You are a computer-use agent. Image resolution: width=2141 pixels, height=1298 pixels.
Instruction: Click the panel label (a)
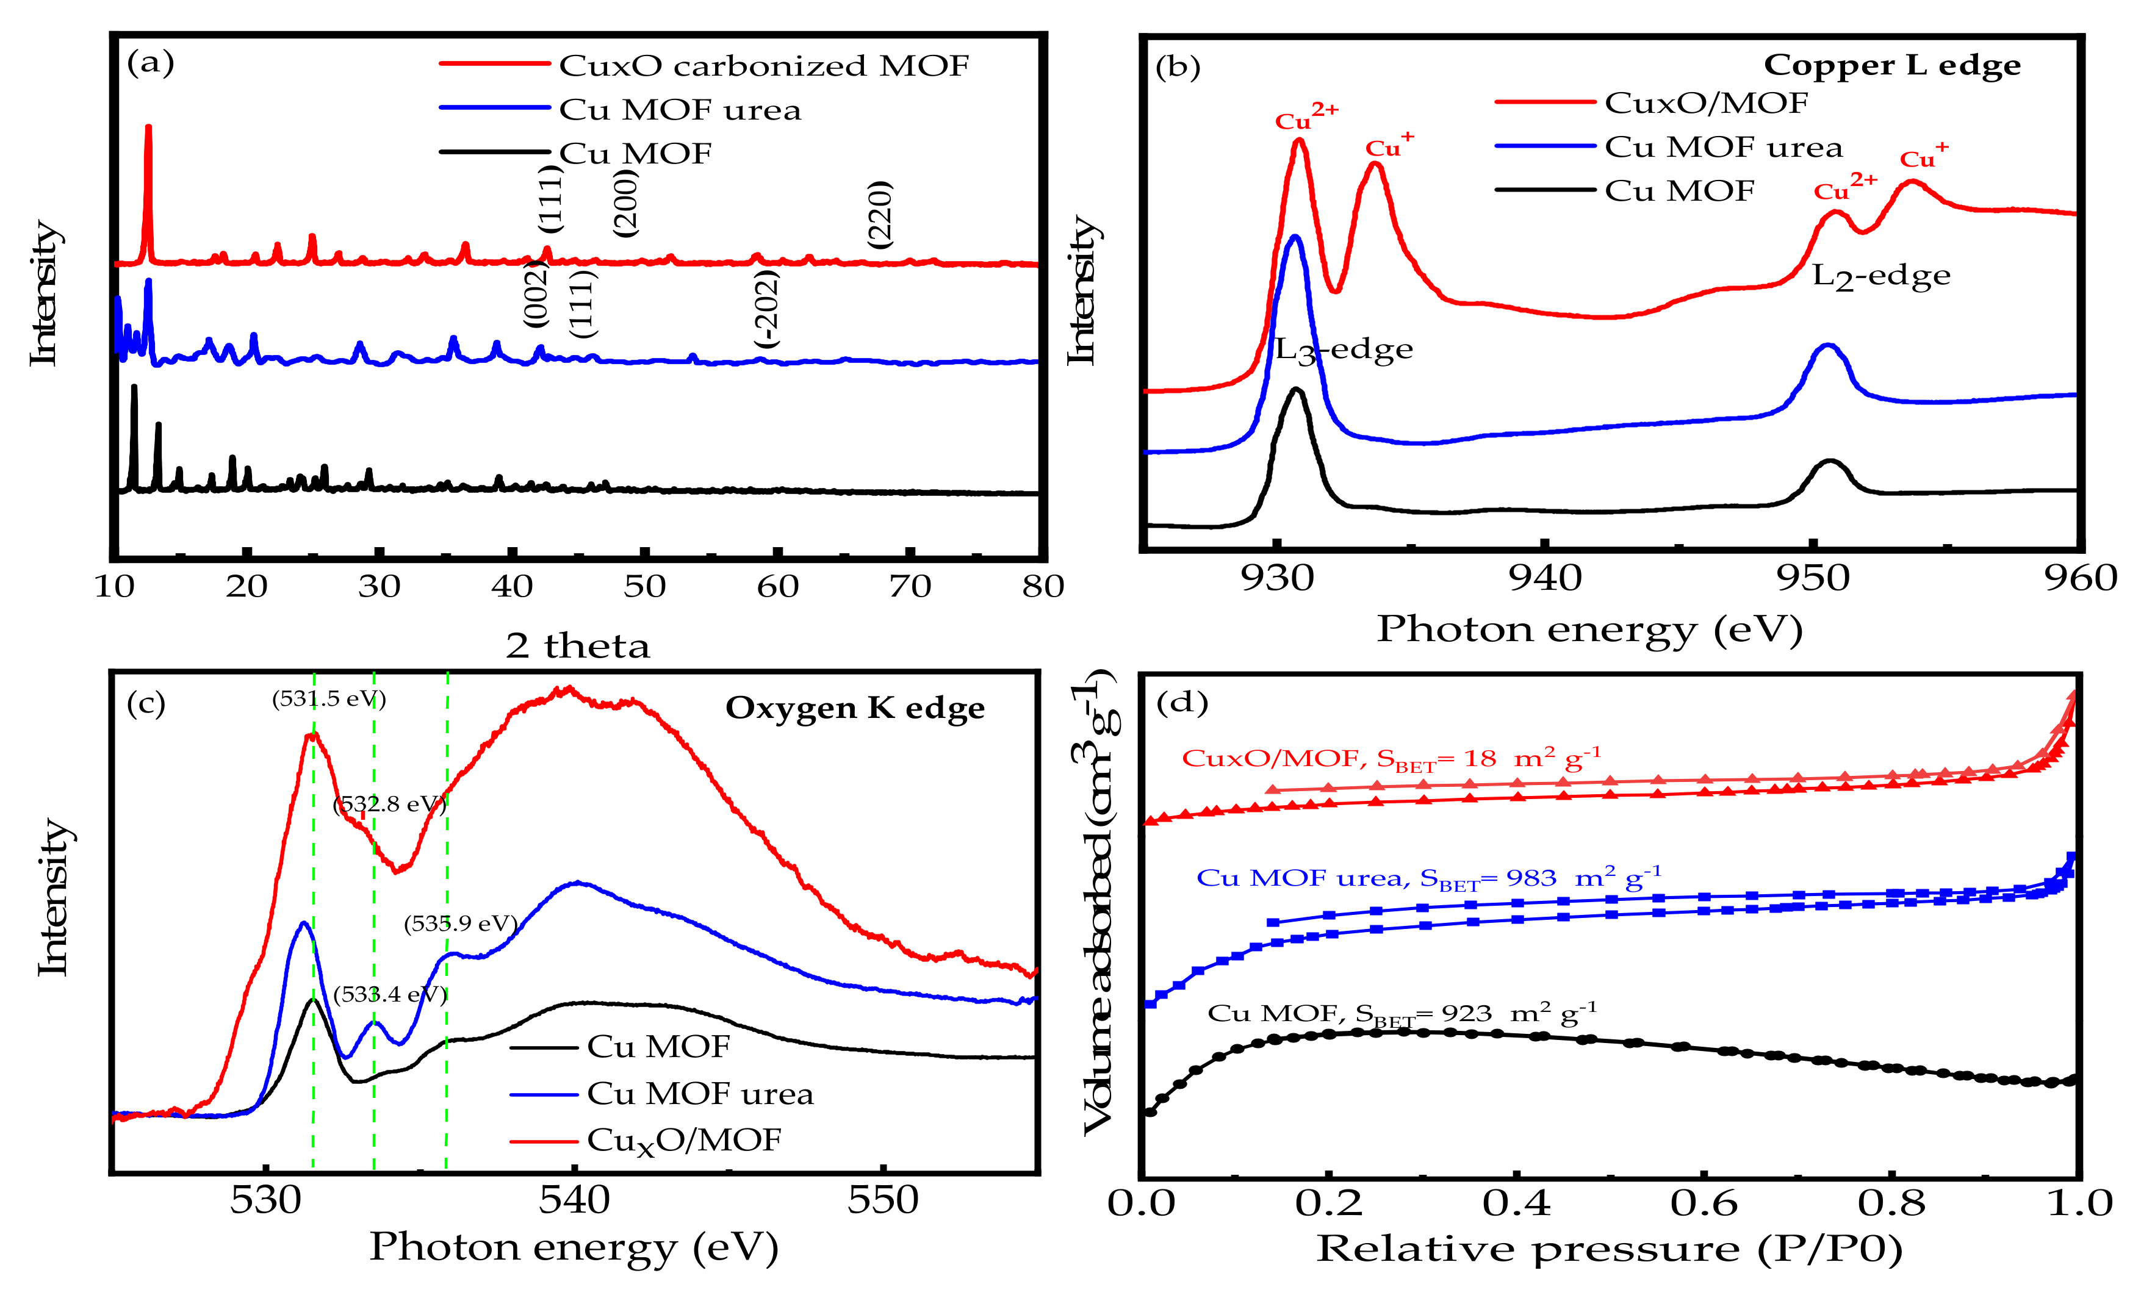[x=150, y=63]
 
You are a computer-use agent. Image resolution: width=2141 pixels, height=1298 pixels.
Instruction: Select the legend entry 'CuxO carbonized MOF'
[x=763, y=66]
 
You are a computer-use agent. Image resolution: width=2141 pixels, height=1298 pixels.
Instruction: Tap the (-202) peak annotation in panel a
[x=766, y=309]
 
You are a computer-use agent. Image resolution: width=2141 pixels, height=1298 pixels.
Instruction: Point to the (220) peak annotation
[x=880, y=215]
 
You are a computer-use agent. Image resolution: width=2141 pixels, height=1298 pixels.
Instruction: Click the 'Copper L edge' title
[x=1891, y=66]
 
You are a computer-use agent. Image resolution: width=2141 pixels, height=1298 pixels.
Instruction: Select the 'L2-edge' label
[x=1880, y=277]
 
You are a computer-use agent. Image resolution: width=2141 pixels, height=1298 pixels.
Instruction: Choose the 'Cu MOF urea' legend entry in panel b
[x=1722, y=148]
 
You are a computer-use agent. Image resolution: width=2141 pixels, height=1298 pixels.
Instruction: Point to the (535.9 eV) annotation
[x=461, y=923]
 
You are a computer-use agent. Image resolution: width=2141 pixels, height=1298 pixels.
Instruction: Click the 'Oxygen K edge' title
[x=855, y=709]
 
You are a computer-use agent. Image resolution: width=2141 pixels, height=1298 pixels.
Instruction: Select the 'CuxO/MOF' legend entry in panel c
[x=684, y=1141]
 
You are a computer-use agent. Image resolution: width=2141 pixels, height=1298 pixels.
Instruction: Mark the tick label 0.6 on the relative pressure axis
[x=1703, y=1204]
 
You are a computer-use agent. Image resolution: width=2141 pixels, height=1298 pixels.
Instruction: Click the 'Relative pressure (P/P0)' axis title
[x=1609, y=1249]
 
